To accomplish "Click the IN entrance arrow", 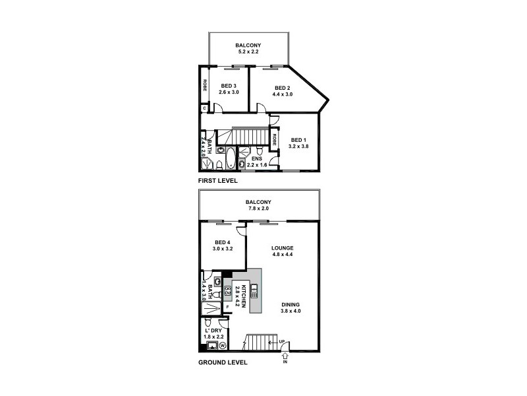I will pyautogui.click(x=285, y=356).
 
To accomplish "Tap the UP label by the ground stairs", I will pyautogui.click(x=282, y=341).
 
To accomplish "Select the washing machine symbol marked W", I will pyautogui.click(x=222, y=345).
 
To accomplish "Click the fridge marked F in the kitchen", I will pyautogui.click(x=227, y=306).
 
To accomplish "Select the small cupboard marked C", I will pyautogui.click(x=204, y=108).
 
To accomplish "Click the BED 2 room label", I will pyautogui.click(x=282, y=88).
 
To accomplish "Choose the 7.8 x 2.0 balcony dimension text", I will pyautogui.click(x=258, y=209).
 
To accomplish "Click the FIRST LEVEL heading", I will pyautogui.click(x=217, y=180).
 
